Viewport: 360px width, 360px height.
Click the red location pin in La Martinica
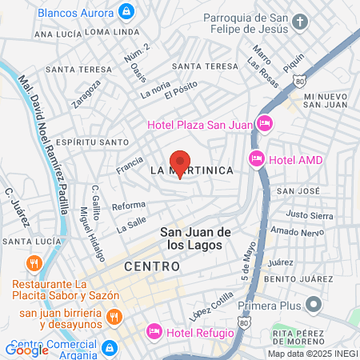point(181,164)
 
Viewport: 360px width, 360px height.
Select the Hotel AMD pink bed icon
point(257,159)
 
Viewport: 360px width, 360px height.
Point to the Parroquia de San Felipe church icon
point(299,21)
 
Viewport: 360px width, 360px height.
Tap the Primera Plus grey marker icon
point(314,305)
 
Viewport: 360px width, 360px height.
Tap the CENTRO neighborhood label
point(151,266)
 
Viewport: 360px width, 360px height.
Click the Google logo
point(26,350)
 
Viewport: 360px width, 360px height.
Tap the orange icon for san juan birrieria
point(114,318)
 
